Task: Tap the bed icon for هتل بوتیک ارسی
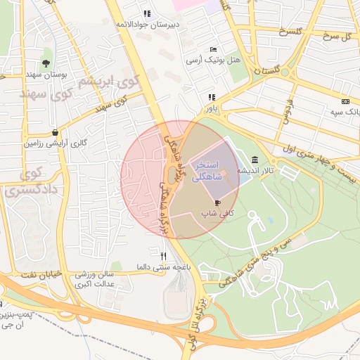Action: tap(213, 49)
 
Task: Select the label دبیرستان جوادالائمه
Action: tap(147, 24)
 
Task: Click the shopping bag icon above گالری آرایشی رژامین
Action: tap(55, 131)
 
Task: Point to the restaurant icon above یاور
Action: tap(210, 98)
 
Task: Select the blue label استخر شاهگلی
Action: tap(208, 171)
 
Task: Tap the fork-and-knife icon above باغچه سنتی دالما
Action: tap(163, 256)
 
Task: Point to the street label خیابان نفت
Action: tap(35, 272)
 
